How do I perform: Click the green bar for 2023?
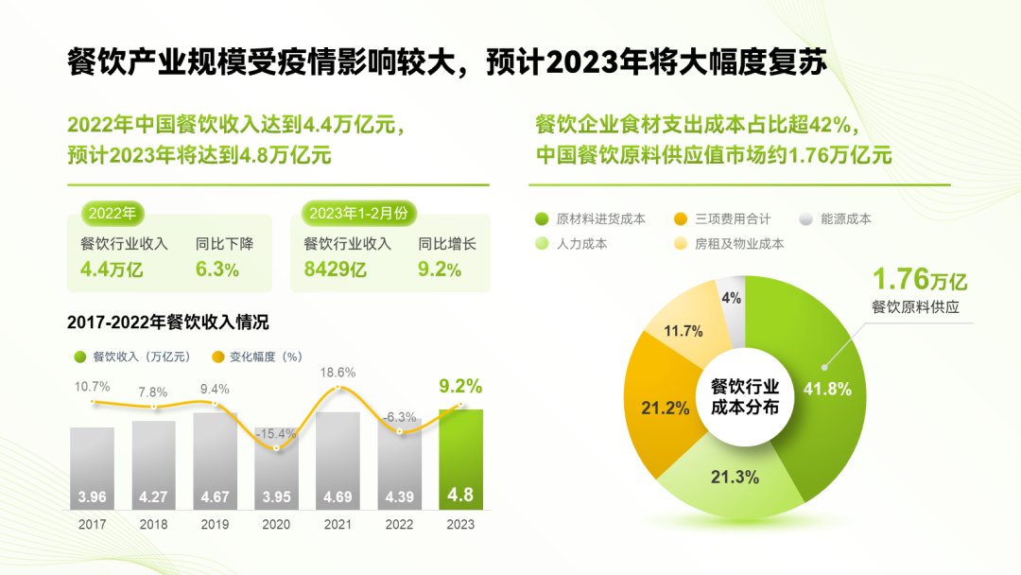click(x=460, y=454)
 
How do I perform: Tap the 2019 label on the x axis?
click(x=215, y=523)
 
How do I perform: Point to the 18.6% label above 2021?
click(x=337, y=373)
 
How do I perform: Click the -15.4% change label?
click(x=276, y=433)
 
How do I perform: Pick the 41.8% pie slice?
click(x=813, y=378)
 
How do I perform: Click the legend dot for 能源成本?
click(x=806, y=218)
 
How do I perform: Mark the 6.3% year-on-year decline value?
click(x=217, y=270)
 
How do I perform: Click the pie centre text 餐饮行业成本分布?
click(x=745, y=397)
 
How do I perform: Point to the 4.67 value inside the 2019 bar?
click(x=215, y=497)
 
